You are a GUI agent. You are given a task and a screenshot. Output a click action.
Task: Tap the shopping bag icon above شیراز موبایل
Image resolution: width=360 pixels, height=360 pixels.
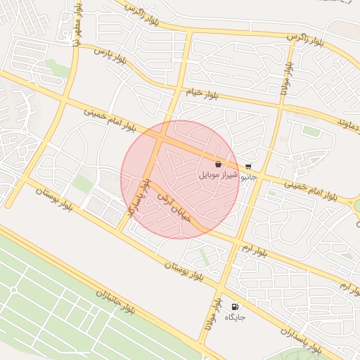219,164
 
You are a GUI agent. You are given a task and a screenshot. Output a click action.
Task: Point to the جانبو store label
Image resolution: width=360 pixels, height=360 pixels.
250,177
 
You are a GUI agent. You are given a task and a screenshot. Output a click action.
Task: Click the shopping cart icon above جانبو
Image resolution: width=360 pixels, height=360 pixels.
249,167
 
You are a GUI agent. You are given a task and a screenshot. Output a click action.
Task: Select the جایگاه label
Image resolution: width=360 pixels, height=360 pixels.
235,318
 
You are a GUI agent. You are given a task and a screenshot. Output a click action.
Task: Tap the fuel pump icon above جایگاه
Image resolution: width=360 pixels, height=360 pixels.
234,307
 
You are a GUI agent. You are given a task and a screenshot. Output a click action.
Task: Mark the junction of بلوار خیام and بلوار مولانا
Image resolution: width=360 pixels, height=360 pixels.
281,106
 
